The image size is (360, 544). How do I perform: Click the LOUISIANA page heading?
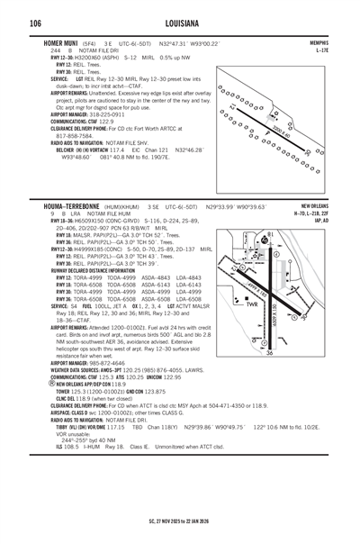(x=179, y=23)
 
